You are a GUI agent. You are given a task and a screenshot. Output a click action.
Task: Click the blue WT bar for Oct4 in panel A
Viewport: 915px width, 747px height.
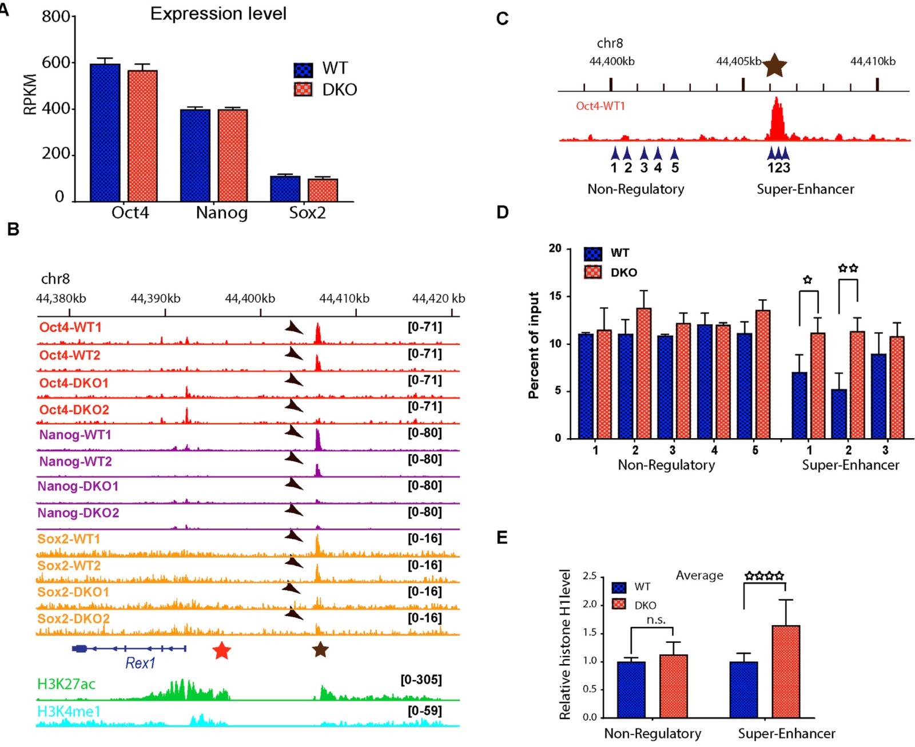click(105, 133)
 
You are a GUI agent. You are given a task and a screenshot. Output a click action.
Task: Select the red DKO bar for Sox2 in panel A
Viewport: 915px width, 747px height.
click(323, 190)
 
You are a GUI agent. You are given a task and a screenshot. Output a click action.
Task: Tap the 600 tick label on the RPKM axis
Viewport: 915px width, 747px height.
click(56, 62)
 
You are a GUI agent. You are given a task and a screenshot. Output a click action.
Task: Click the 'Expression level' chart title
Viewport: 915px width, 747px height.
click(218, 14)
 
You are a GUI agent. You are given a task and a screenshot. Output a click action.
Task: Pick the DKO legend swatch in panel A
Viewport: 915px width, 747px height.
click(303, 89)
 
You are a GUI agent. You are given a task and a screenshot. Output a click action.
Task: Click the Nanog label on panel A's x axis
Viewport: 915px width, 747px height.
click(222, 213)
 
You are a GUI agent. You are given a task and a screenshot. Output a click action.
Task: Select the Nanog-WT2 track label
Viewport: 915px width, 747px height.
click(75, 461)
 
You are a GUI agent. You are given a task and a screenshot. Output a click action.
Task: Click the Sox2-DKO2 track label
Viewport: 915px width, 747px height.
click(73, 618)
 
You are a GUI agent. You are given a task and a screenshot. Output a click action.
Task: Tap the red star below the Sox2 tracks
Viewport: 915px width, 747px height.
click(221, 650)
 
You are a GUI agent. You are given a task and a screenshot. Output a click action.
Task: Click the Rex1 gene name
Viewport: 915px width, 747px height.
click(140, 663)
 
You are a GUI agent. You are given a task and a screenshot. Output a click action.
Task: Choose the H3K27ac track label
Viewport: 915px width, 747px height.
click(66, 684)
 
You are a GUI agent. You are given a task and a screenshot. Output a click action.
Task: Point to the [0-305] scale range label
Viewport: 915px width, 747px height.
click(421, 680)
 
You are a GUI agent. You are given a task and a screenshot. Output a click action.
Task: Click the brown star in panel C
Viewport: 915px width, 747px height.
click(774, 65)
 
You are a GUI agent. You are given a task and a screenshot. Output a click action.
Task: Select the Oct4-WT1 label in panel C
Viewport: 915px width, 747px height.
click(600, 106)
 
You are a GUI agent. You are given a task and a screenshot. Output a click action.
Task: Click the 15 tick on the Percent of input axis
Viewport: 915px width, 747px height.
click(555, 296)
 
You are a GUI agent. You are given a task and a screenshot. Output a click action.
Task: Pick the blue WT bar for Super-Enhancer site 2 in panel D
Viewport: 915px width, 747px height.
click(838, 414)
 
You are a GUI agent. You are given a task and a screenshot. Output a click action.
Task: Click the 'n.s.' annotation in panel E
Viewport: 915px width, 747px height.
click(655, 620)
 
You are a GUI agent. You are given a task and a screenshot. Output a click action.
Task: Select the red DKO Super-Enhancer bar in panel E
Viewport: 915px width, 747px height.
click(786, 671)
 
